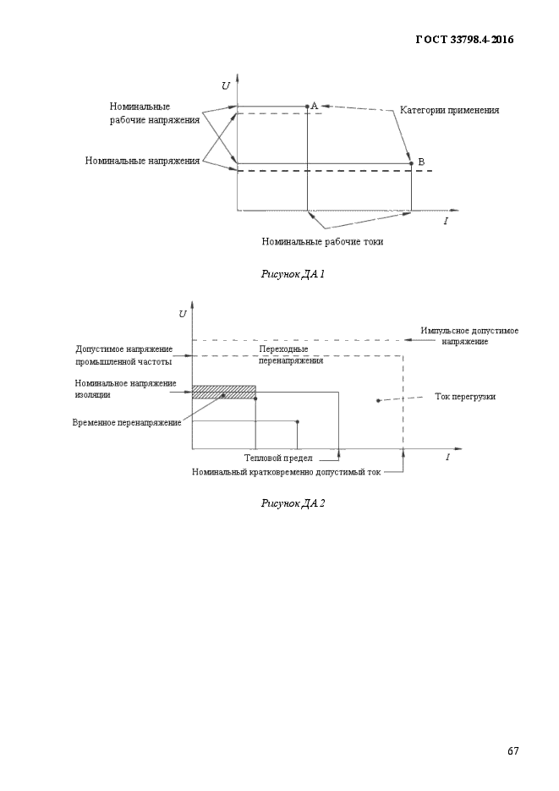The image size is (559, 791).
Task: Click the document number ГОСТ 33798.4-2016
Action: (x=464, y=40)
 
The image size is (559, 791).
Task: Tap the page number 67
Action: (x=512, y=750)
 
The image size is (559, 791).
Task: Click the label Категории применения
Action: (x=450, y=110)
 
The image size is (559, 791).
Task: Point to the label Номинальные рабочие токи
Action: (x=322, y=242)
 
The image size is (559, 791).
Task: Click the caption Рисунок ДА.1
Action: (x=293, y=274)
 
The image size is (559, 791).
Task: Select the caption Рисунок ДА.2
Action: (x=293, y=503)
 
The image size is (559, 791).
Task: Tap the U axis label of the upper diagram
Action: (x=225, y=85)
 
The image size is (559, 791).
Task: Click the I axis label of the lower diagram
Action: (x=447, y=457)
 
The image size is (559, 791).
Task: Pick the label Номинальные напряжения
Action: (x=142, y=161)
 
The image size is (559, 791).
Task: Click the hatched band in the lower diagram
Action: (x=224, y=393)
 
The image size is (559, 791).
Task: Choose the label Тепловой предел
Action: (x=278, y=458)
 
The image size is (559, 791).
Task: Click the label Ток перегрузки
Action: (x=465, y=397)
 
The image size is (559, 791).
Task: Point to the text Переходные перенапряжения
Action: (x=291, y=354)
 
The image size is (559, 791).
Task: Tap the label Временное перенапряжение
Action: (x=127, y=423)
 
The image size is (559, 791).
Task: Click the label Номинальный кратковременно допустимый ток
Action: (x=287, y=472)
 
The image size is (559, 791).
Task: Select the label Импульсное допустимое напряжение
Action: (x=469, y=336)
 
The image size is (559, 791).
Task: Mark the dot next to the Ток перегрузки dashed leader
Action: (x=378, y=400)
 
